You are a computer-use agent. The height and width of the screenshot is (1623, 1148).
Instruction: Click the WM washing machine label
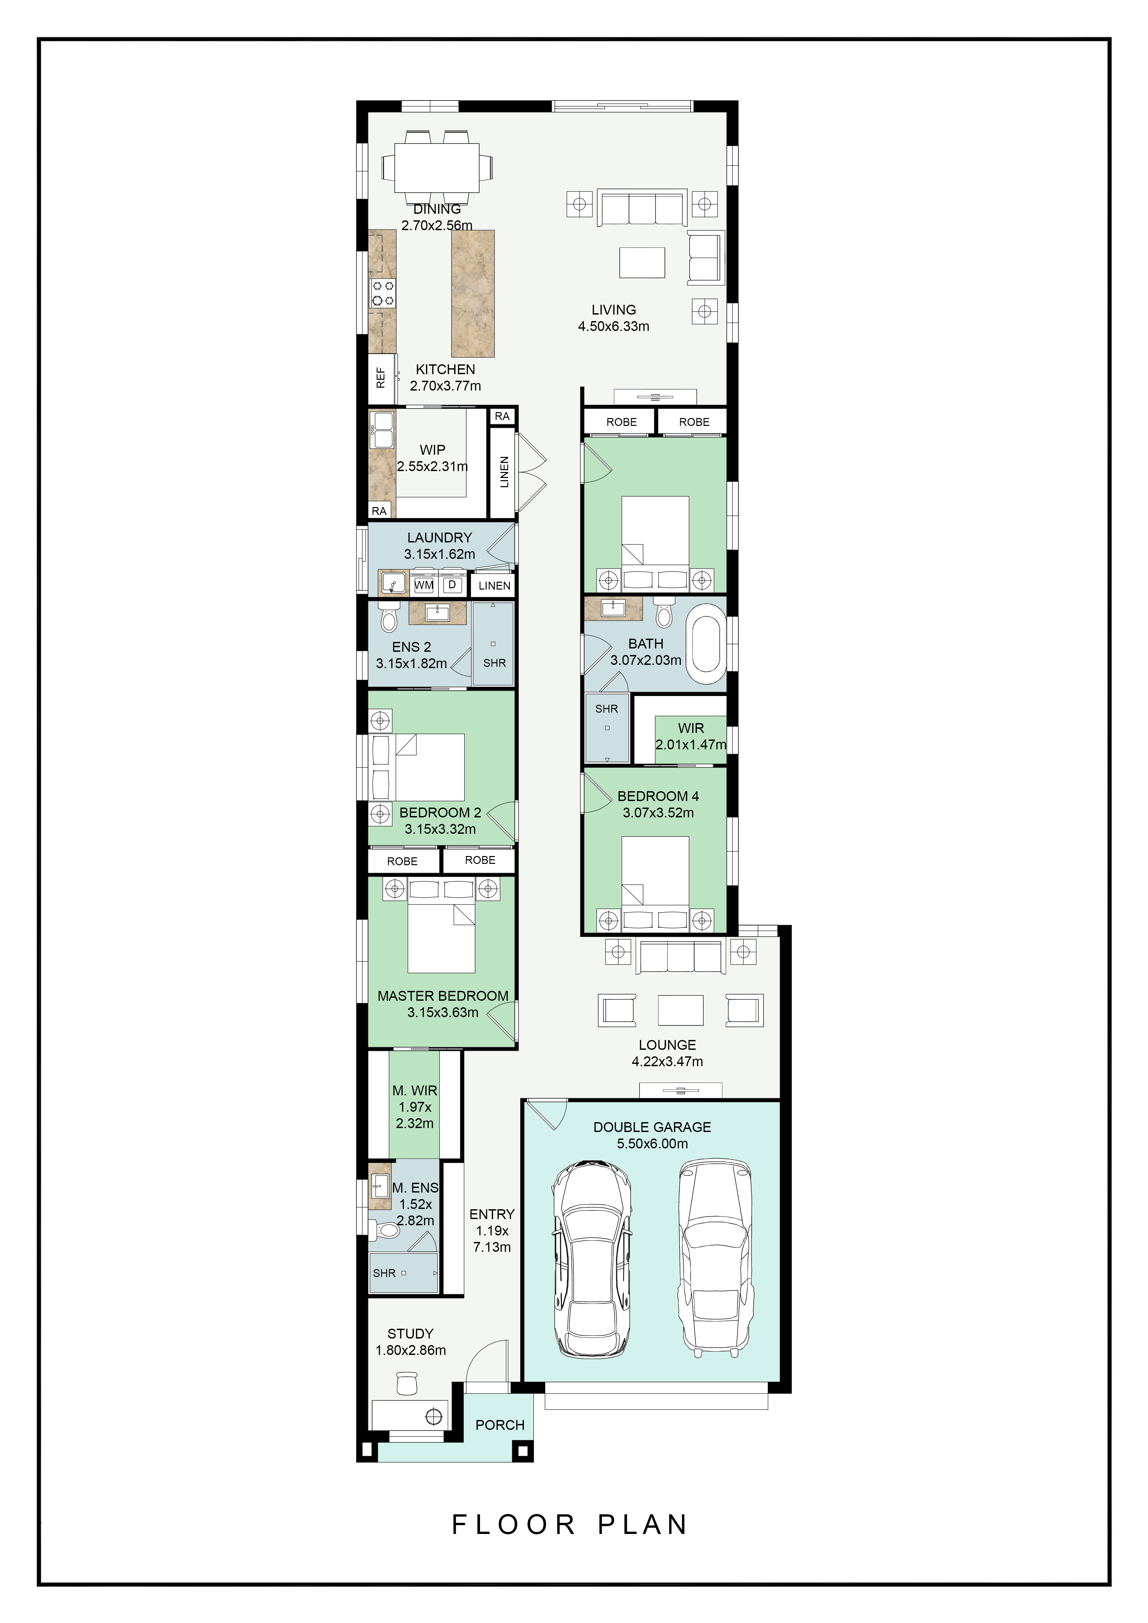point(424,585)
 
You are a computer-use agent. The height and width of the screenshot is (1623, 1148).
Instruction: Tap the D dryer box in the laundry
point(452,585)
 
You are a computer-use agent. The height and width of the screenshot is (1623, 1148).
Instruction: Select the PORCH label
point(500,1425)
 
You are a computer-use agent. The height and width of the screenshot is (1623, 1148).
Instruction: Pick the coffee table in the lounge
point(680,1010)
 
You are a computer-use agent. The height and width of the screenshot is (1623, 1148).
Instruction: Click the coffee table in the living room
point(642,262)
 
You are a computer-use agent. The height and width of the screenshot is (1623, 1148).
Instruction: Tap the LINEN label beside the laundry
point(494,585)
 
